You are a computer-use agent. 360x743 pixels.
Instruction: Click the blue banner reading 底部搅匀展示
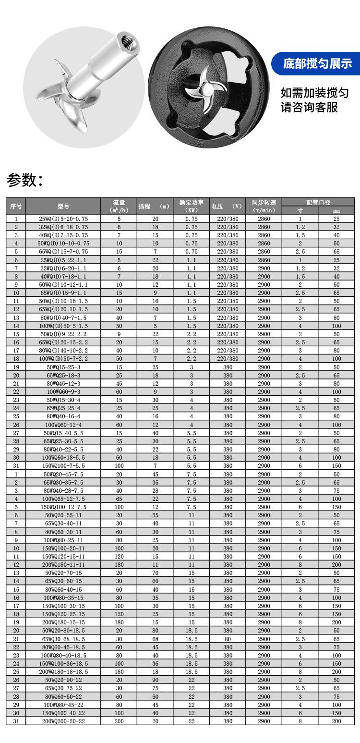[317, 63]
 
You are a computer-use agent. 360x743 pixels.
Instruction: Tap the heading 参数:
[24, 180]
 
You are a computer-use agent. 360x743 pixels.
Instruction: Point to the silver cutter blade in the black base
[204, 87]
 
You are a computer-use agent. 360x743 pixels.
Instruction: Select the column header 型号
[63, 206]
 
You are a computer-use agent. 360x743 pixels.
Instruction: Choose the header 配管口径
[318, 202]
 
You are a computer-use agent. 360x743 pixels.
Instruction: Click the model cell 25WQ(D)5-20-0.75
[63, 219]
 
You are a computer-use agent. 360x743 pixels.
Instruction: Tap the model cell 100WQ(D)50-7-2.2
[63, 359]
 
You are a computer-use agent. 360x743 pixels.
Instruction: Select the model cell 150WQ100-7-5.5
[63, 466]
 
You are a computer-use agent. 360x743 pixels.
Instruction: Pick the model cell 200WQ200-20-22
[63, 721]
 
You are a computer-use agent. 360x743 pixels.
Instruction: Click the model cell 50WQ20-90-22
[63, 680]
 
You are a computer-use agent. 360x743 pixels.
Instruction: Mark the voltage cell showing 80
[228, 639]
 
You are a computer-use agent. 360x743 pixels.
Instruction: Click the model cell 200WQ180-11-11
[63, 564]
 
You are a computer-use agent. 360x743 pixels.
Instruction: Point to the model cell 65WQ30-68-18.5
[63, 639]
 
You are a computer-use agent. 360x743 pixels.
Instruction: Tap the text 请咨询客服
[309, 107]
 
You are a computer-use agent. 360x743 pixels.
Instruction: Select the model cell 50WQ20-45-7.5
[63, 474]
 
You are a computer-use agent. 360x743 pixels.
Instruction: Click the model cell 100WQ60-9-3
[63, 392]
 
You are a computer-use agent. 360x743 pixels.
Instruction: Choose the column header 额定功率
[192, 206]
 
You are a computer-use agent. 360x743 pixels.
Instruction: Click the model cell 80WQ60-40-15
[63, 589]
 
